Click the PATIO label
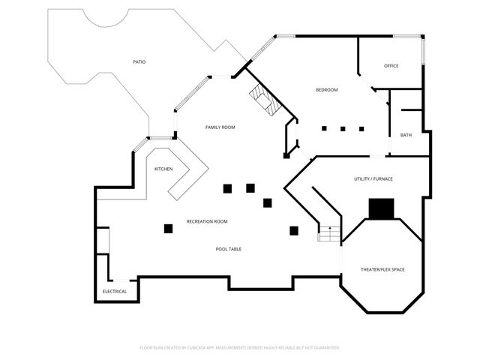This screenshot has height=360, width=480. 139,61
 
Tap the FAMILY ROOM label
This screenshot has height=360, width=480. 220,127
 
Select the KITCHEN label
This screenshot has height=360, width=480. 163,169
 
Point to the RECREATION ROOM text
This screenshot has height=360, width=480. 207,222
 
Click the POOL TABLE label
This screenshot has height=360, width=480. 228,249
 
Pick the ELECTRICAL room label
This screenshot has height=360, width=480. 115,292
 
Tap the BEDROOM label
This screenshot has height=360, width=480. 327,90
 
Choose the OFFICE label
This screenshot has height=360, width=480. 391,66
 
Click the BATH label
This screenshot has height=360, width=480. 406,135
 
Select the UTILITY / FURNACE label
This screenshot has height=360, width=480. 373,178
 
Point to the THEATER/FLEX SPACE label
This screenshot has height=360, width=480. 382,269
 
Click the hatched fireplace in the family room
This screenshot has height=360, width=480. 265,100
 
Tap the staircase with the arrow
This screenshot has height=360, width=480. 329,233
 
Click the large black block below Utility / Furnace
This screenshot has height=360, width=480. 382,208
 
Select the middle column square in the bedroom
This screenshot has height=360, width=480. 343,129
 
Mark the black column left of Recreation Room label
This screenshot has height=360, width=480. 168,229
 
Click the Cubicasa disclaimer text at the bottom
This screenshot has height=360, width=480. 240,348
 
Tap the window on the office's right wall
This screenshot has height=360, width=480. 423,52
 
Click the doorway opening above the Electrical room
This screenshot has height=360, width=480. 121,280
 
